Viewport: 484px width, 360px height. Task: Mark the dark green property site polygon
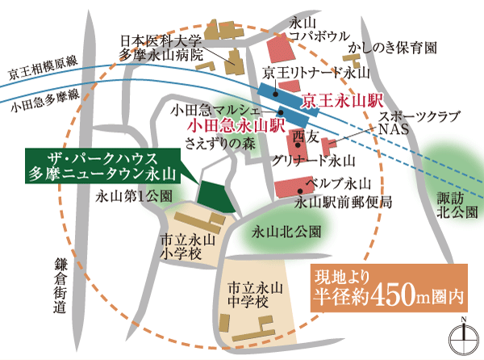(x=216, y=194)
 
